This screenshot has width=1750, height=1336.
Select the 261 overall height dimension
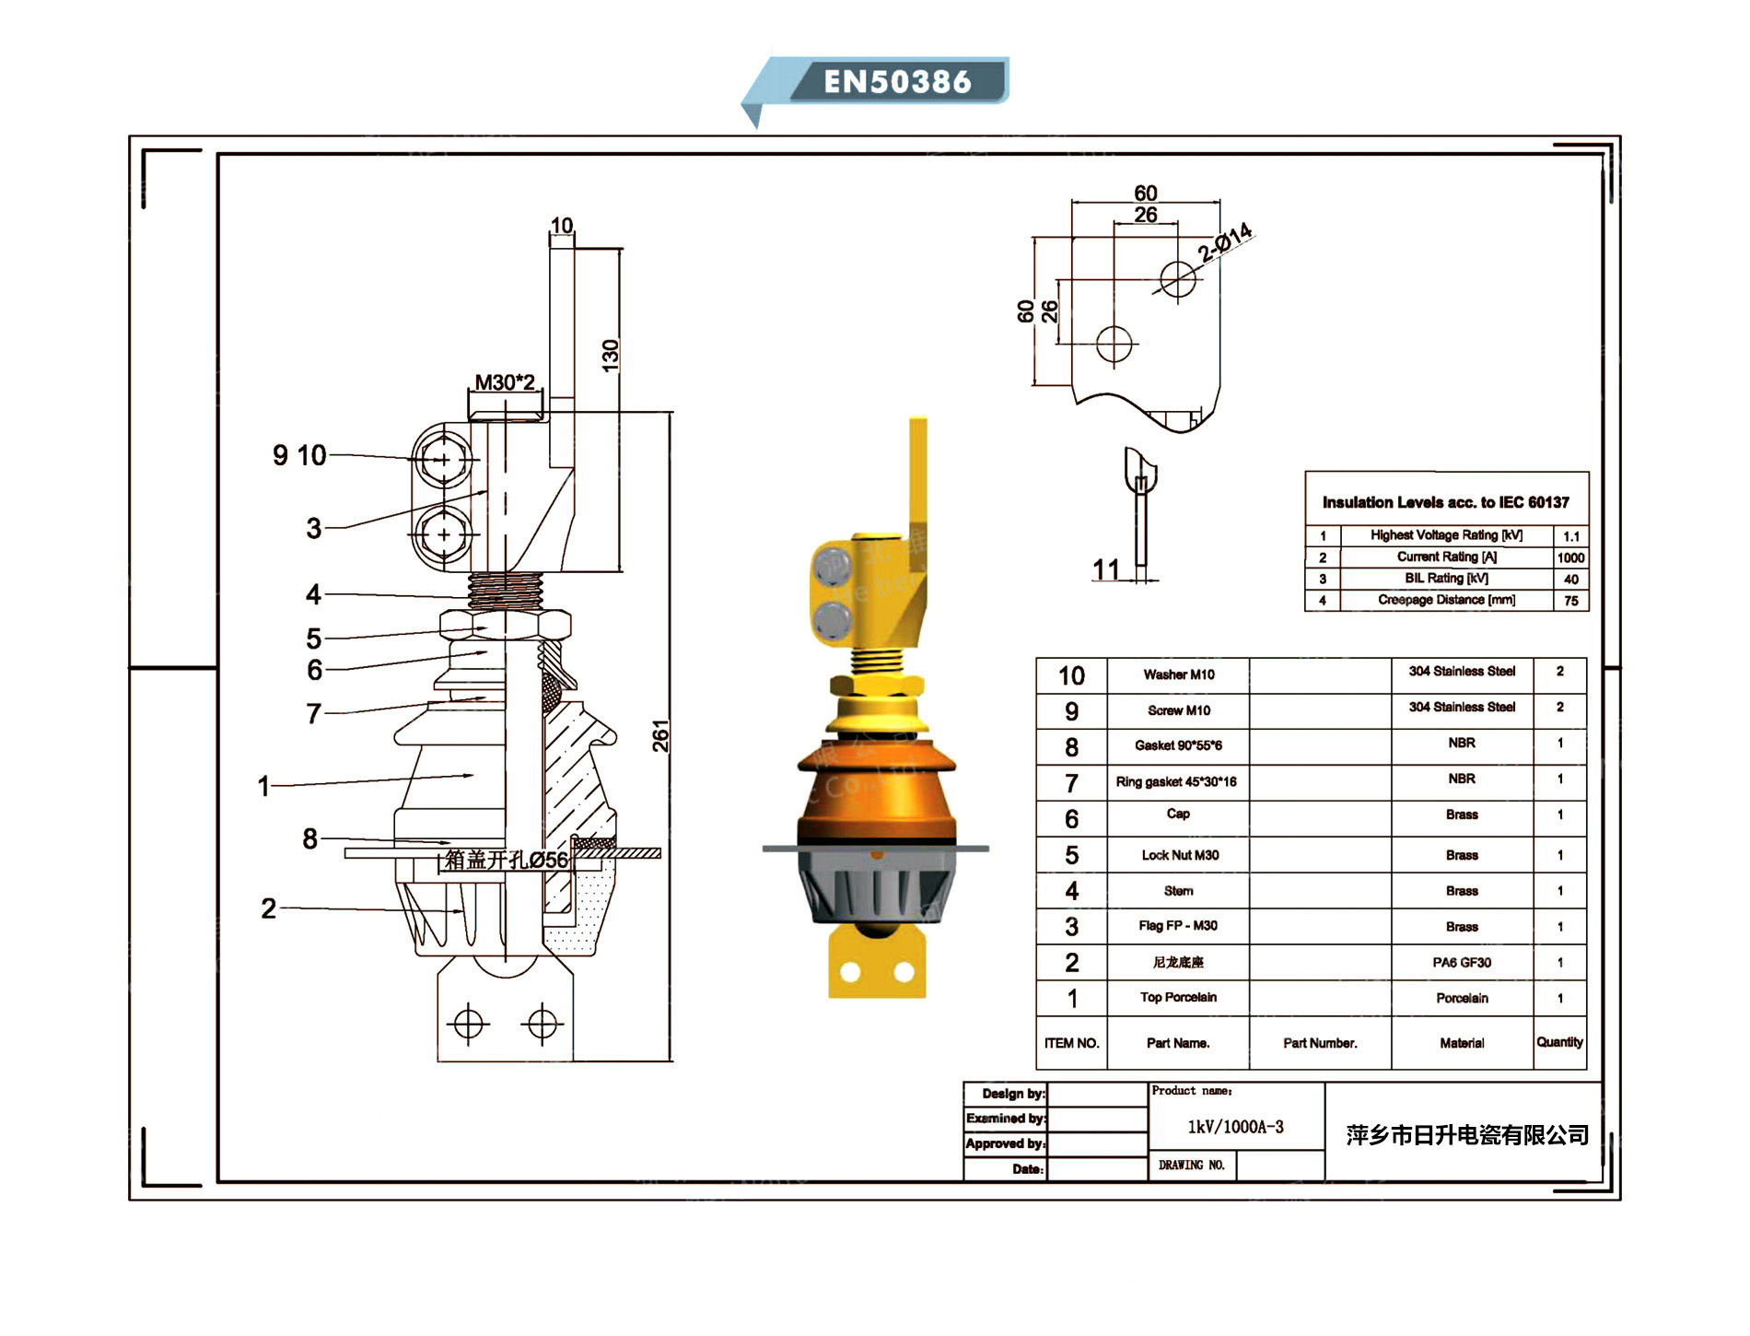(660, 735)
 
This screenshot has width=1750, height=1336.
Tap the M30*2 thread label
(504, 381)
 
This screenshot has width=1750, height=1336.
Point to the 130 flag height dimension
(610, 356)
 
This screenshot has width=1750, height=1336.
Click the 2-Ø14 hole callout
(1224, 241)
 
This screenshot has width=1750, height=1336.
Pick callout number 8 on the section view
(310, 838)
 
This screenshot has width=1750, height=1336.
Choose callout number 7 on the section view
(314, 713)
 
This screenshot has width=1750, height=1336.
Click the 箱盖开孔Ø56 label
(506, 860)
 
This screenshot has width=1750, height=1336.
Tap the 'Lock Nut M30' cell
(1180, 855)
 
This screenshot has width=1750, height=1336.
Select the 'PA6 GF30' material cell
(1462, 962)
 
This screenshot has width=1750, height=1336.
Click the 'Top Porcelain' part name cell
(1178, 997)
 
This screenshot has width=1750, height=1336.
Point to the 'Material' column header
(1462, 1043)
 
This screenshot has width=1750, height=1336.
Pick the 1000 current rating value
(1570, 557)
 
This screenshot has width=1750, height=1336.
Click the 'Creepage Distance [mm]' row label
(1446, 600)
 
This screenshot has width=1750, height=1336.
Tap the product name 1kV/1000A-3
(1235, 1127)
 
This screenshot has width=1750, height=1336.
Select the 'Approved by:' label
(1005, 1143)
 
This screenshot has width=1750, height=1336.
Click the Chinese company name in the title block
(1467, 1135)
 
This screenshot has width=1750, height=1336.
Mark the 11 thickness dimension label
(1105, 569)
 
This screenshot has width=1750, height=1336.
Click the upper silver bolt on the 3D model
(832, 565)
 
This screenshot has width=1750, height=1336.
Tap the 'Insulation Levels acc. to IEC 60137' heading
(1445, 502)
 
